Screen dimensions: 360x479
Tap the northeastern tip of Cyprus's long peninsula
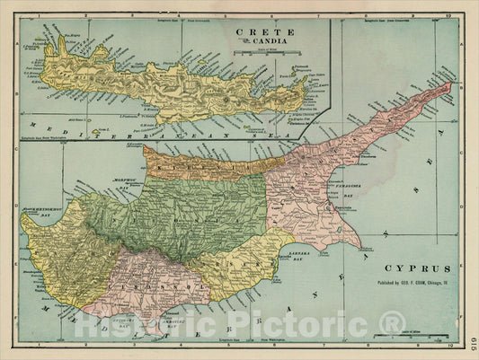[x=451, y=84]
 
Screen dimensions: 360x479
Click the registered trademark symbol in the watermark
[x=392, y=320]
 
